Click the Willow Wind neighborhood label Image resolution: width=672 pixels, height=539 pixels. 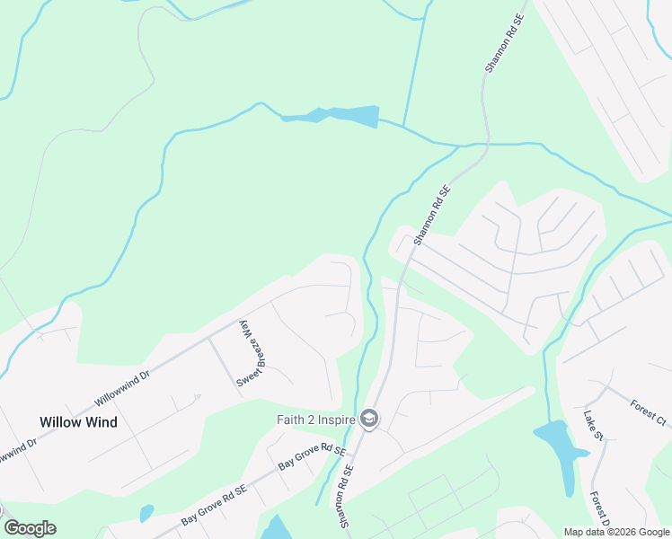(78, 421)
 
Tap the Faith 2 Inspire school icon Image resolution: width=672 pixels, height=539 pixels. (368, 419)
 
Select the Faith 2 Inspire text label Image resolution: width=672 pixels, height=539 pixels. (315, 420)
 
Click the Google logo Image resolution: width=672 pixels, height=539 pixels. (30, 528)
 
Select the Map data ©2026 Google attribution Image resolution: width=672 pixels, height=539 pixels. (616, 532)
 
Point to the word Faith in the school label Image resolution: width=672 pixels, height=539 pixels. (289, 420)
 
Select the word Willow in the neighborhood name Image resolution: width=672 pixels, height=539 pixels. (58, 421)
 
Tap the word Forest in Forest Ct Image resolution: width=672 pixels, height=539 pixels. (641, 404)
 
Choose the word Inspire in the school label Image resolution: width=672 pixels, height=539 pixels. (335, 420)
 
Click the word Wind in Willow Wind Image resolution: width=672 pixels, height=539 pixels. (102, 421)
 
